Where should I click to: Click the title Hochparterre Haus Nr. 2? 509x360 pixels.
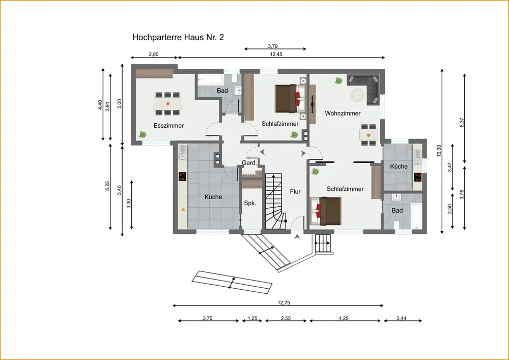click(x=178, y=37)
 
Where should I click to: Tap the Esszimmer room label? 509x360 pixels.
click(x=168, y=126)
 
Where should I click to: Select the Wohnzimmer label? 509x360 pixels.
click(x=343, y=113)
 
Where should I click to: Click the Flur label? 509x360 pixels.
click(x=295, y=191)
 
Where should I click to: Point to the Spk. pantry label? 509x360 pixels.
click(x=250, y=203)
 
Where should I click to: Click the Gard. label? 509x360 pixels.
click(x=249, y=162)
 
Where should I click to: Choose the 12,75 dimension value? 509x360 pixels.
click(x=284, y=303)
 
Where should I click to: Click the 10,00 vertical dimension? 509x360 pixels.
click(x=439, y=151)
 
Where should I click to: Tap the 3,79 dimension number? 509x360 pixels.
click(x=273, y=46)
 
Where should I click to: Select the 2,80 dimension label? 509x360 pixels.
click(x=154, y=54)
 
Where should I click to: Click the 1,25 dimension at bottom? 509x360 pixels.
click(x=252, y=318)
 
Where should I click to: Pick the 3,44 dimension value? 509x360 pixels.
click(x=401, y=318)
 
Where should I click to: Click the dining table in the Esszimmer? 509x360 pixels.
click(x=167, y=104)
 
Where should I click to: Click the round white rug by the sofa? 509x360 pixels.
click(x=357, y=94)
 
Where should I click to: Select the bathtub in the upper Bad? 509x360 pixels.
click(x=211, y=79)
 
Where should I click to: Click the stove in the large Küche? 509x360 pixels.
click(x=182, y=176)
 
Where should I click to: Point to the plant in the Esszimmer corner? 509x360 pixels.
click(x=142, y=134)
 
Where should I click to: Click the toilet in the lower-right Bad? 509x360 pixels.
click(x=396, y=225)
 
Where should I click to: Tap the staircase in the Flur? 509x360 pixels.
click(x=276, y=202)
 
